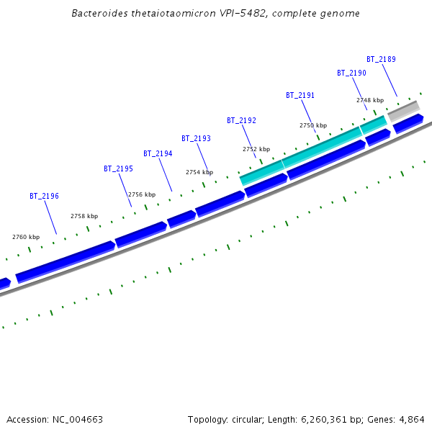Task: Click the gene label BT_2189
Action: (x=381, y=59)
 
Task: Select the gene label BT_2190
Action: (x=351, y=73)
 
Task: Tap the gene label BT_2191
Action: (x=300, y=95)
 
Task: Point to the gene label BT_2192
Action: (x=241, y=120)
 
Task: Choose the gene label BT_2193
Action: (x=196, y=138)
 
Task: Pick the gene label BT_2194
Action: (x=158, y=153)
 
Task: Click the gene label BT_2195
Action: (x=118, y=168)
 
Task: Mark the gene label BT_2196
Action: (x=44, y=196)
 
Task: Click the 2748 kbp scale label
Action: (x=370, y=100)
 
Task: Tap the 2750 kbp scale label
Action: (x=313, y=125)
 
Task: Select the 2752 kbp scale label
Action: (x=256, y=149)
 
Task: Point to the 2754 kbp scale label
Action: (x=199, y=172)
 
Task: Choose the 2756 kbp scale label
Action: (x=142, y=194)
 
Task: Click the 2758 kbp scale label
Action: (x=84, y=216)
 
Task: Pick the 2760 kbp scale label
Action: (x=26, y=237)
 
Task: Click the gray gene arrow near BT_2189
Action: (x=403, y=111)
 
